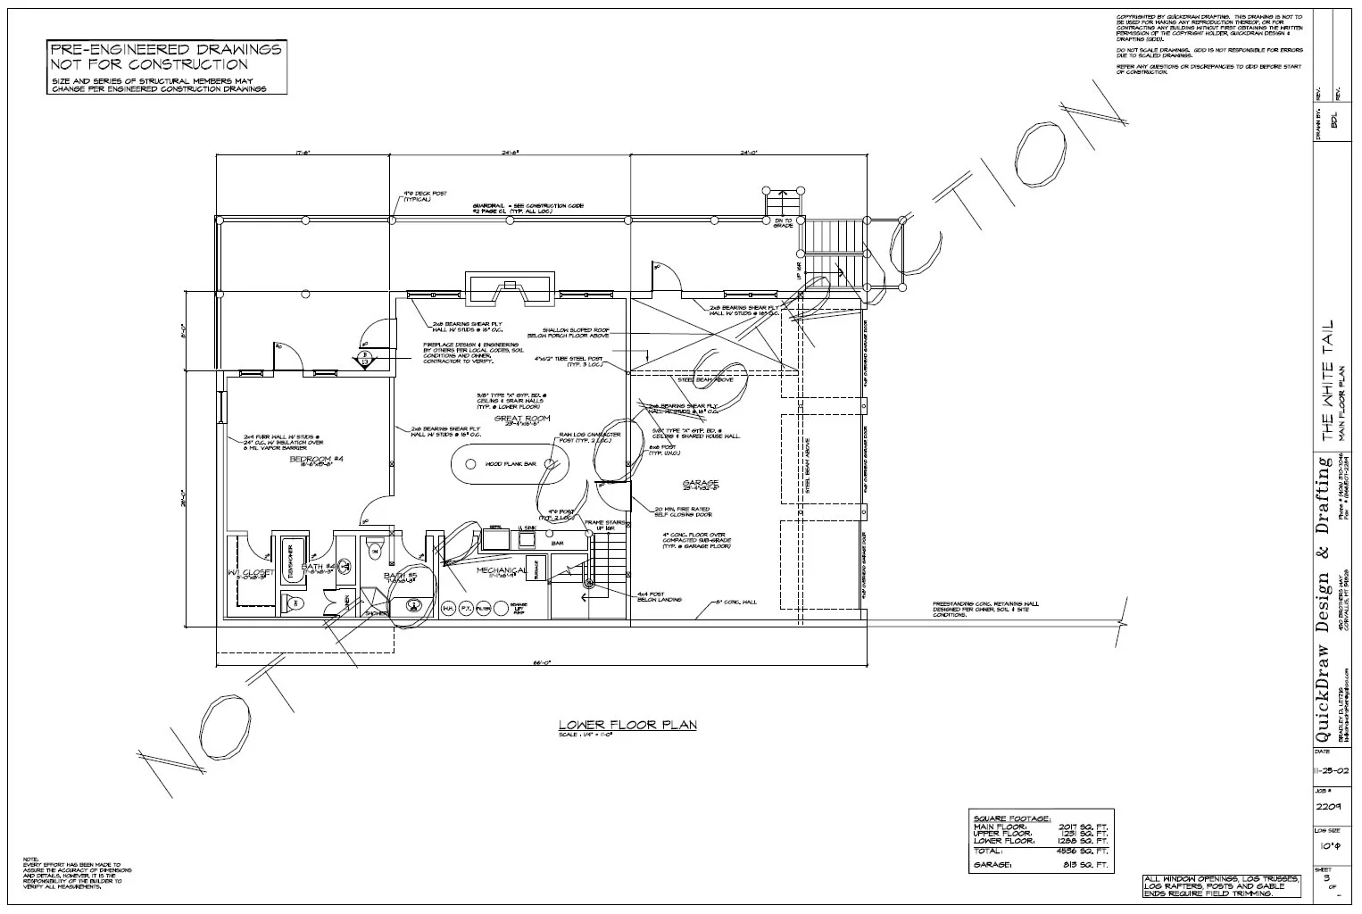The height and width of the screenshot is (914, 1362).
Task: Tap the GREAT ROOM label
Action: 523,418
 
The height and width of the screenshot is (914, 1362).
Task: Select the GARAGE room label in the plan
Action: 701,483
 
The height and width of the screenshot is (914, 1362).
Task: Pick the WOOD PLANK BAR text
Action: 511,464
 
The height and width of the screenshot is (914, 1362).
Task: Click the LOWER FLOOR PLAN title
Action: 627,725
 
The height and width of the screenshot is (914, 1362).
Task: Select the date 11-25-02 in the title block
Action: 1329,767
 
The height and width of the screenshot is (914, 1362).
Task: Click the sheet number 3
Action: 1328,877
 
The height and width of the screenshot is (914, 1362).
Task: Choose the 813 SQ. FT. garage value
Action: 1090,865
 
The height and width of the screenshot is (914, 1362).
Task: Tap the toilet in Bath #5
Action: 375,544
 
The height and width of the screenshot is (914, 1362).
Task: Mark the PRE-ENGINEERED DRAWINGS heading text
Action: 165,49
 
